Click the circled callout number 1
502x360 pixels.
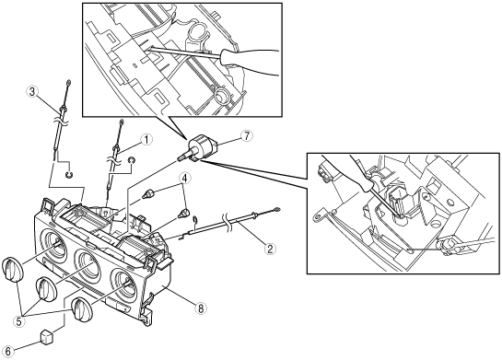146,140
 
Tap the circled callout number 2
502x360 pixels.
270,249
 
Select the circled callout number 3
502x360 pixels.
31,92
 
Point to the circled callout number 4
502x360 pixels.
185,179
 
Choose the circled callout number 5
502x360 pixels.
19,321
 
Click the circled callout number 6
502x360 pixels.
7,351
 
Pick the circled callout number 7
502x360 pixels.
246,135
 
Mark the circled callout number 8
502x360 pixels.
201,308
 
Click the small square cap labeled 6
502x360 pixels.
47,337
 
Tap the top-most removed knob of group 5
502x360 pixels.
12,271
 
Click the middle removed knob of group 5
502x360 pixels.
46,290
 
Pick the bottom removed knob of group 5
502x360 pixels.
81,308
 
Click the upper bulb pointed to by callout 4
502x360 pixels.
148,193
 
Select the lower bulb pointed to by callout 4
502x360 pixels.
184,212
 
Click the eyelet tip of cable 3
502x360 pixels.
69,82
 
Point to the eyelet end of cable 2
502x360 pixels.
277,210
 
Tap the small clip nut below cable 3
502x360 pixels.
68,175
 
